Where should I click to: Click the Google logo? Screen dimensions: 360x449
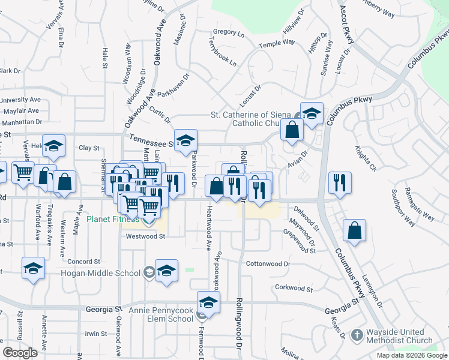[20, 353]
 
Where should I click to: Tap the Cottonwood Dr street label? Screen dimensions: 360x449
[268, 263]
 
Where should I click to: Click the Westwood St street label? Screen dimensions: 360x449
[145, 236]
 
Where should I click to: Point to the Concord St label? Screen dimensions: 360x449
[83, 262]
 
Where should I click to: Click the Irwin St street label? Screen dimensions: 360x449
[95, 334]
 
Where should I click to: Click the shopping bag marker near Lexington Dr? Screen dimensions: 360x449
[355, 231]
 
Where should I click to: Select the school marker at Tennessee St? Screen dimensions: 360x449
[186, 140]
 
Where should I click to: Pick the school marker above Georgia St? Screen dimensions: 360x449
[208, 302]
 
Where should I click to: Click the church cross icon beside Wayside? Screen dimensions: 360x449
[357, 335]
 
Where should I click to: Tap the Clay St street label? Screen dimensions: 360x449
[89, 148]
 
